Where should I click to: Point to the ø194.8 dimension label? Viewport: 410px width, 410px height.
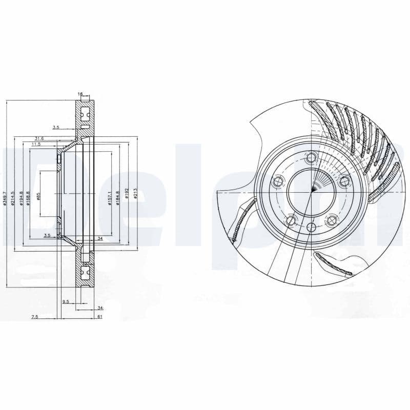(x=21, y=197)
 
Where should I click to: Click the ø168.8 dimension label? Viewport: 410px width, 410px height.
(x=29, y=197)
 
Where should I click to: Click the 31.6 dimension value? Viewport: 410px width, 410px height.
(x=39, y=138)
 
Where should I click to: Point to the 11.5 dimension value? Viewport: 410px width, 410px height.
(x=36, y=145)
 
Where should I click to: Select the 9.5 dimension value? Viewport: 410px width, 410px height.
(x=65, y=302)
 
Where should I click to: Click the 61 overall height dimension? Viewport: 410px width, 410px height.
(x=100, y=316)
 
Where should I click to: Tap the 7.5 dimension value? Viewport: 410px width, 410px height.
(x=34, y=317)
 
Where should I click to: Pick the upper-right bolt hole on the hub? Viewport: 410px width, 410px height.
(x=344, y=180)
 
